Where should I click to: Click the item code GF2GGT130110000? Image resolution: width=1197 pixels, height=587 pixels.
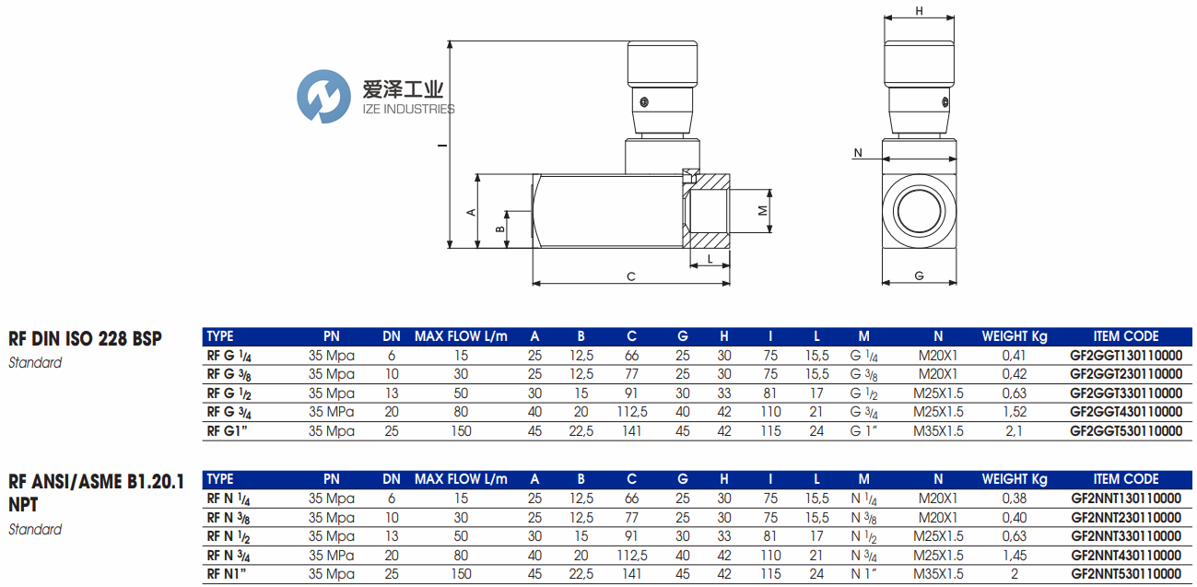[x=1126, y=356]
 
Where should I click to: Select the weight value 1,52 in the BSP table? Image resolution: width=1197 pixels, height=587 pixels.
[x=1015, y=412]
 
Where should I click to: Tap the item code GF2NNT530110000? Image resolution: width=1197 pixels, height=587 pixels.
[x=1126, y=573]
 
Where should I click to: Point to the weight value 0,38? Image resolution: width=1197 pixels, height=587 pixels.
[x=1015, y=499]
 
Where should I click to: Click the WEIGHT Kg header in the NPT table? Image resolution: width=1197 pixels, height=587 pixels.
[x=1015, y=479]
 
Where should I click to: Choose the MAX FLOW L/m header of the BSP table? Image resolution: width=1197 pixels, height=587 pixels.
[x=461, y=336]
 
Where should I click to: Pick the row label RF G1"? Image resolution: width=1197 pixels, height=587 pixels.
[x=227, y=431]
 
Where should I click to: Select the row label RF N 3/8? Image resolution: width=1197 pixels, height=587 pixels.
[x=229, y=518]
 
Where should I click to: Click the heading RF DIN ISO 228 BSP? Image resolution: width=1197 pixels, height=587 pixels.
[x=85, y=338]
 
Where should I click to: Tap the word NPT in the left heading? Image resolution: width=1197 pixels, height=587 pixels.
[x=23, y=505]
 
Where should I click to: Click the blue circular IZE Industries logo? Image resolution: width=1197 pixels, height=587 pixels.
[x=323, y=97]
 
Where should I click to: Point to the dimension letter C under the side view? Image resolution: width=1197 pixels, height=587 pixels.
[x=631, y=276]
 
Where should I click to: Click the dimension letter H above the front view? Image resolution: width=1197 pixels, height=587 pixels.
[x=919, y=11]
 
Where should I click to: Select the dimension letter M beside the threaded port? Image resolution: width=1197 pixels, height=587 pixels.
[x=763, y=211]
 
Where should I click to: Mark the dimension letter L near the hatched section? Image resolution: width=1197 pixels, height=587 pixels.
[x=710, y=259]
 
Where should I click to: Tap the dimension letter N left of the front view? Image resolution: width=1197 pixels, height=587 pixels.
[x=858, y=153]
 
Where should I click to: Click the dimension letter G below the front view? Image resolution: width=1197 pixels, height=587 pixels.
[x=919, y=276]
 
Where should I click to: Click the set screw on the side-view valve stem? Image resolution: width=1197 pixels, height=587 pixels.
[x=644, y=102]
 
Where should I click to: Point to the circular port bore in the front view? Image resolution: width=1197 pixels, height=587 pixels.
[x=919, y=211]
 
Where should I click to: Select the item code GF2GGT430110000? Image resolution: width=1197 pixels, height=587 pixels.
[x=1126, y=412]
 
